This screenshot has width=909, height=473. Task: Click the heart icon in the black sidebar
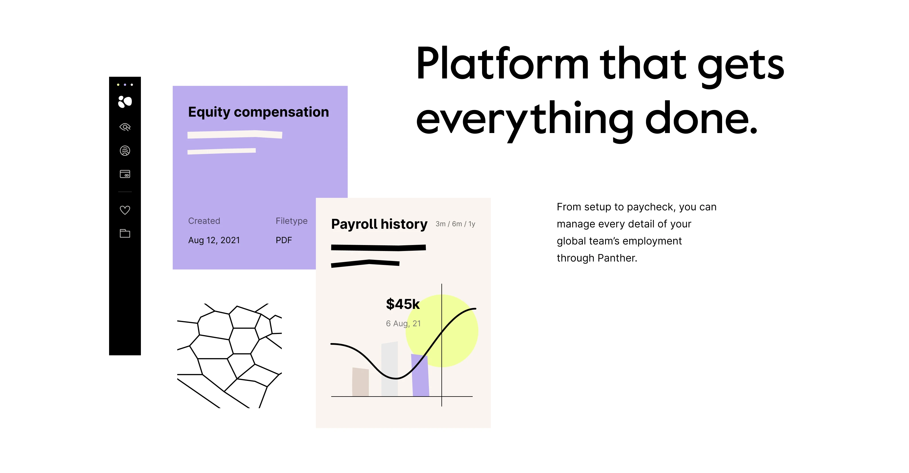click(125, 210)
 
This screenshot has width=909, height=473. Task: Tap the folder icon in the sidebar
click(125, 233)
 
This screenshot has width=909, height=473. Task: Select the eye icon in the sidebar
click(125, 127)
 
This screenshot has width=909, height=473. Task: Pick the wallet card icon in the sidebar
click(125, 174)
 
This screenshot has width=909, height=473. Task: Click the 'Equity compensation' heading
click(258, 112)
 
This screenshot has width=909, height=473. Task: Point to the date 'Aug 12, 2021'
click(214, 240)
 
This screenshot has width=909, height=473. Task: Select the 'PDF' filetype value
click(284, 240)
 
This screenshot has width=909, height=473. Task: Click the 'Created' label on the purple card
click(204, 221)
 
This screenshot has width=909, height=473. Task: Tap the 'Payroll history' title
click(379, 225)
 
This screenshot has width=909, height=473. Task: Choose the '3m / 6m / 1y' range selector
click(455, 224)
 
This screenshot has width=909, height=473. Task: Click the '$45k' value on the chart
click(403, 304)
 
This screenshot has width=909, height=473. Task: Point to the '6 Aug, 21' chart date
click(403, 323)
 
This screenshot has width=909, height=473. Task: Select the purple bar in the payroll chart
click(420, 375)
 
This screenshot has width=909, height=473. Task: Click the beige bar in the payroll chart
click(360, 382)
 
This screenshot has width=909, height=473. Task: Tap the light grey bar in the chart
click(389, 369)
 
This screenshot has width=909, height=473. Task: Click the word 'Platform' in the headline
click(503, 64)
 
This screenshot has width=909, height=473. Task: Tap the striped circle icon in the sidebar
click(125, 151)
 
